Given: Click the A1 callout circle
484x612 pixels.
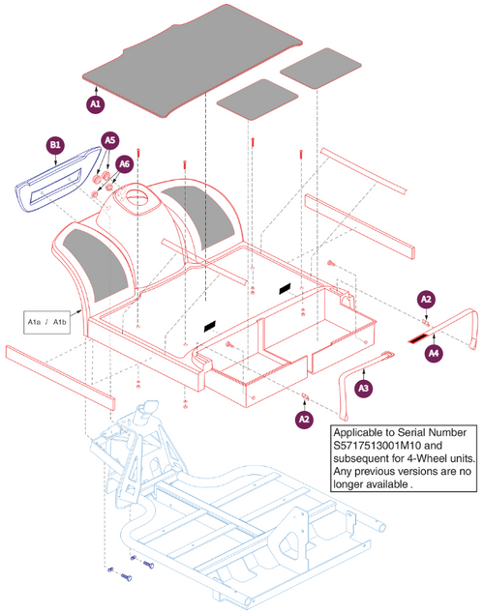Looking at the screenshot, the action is [95, 104].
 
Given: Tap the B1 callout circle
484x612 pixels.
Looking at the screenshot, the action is [55, 145].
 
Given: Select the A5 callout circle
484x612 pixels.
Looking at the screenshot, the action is [110, 140].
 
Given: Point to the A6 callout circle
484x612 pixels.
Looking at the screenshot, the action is [124, 164].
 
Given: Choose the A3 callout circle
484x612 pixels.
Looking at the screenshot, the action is [363, 388].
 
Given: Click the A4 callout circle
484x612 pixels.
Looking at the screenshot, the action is [434, 353].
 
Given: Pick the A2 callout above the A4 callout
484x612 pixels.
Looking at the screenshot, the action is [426, 300].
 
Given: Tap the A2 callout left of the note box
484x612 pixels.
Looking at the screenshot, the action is [304, 420].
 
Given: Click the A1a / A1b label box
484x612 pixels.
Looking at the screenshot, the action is [46, 322].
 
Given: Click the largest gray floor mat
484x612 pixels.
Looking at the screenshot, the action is [193, 61].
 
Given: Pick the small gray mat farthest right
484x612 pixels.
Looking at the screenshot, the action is [320, 69].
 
